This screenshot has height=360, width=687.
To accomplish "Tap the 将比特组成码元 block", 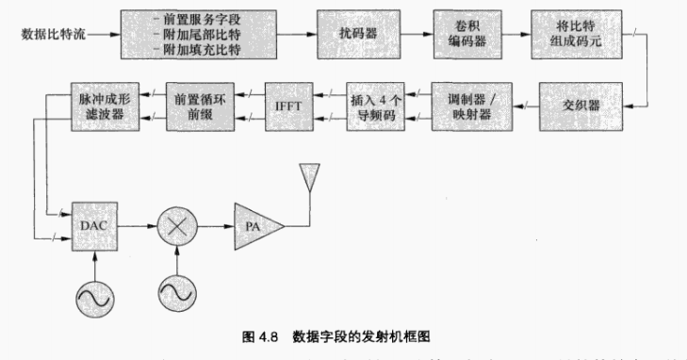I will tap(574, 36).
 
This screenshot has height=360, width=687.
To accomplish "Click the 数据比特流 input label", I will tap(54, 36).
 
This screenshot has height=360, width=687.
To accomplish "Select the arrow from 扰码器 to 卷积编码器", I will tap(407, 36).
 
